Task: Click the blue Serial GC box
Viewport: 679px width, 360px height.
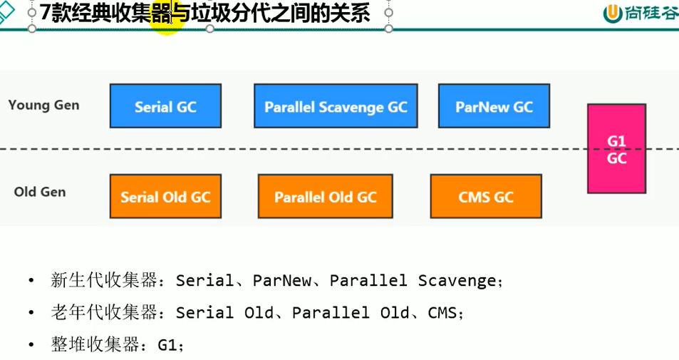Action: (165, 106)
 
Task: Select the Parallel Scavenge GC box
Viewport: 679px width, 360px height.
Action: (336, 106)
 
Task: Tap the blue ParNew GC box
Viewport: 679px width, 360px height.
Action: (494, 106)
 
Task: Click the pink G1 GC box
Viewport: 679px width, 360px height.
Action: (616, 148)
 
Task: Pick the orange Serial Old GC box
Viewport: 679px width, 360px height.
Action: (165, 196)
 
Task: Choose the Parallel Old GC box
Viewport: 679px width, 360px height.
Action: (326, 196)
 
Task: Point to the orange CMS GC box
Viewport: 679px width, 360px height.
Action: (486, 196)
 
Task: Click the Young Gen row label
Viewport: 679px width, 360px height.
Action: (43, 105)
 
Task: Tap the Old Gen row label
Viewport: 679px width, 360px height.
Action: (40, 192)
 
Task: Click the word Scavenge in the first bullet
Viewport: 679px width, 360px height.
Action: (456, 281)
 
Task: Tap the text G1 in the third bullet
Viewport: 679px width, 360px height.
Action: (167, 345)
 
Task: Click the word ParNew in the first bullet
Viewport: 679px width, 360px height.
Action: (282, 281)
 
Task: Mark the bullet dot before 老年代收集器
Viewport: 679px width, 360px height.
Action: (31, 313)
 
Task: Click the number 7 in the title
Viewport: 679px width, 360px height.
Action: (45, 13)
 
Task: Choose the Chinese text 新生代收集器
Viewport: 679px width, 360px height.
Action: (103, 281)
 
